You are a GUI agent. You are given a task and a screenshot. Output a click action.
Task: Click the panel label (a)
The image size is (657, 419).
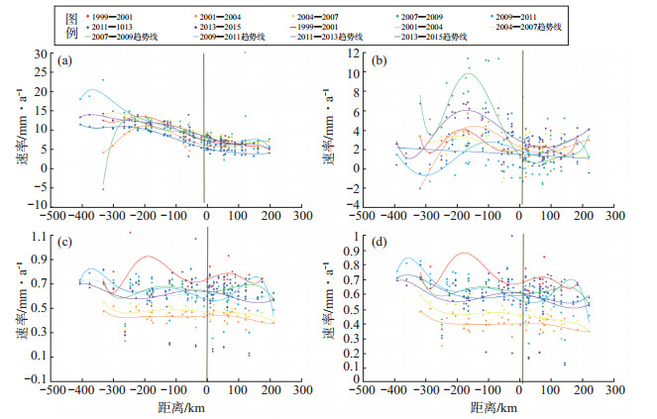click(64, 61)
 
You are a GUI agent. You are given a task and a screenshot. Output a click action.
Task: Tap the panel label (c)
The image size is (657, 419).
click(64, 247)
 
